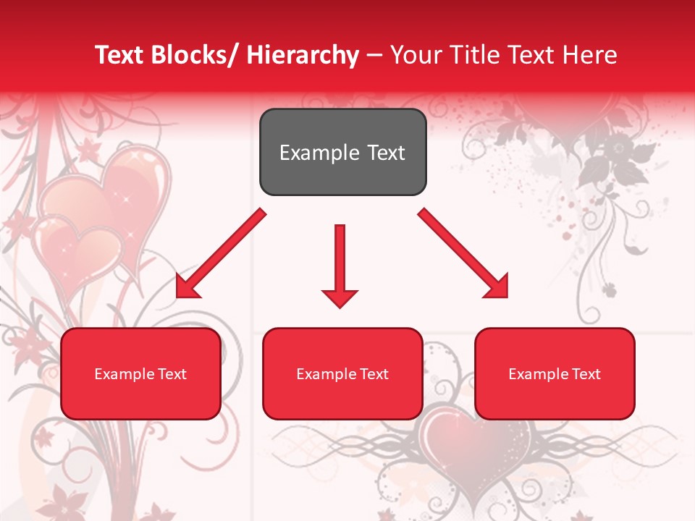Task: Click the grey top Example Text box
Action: [342, 152]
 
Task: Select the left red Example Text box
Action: [140, 373]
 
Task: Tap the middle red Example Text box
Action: [342, 373]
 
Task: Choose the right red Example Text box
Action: [555, 373]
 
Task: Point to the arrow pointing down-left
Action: [220, 254]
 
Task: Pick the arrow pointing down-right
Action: [464, 254]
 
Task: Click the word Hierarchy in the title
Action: [302, 55]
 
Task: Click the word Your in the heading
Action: [413, 55]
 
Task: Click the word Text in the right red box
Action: [585, 374]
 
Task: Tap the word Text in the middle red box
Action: [373, 374]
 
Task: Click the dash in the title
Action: [374, 55]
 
